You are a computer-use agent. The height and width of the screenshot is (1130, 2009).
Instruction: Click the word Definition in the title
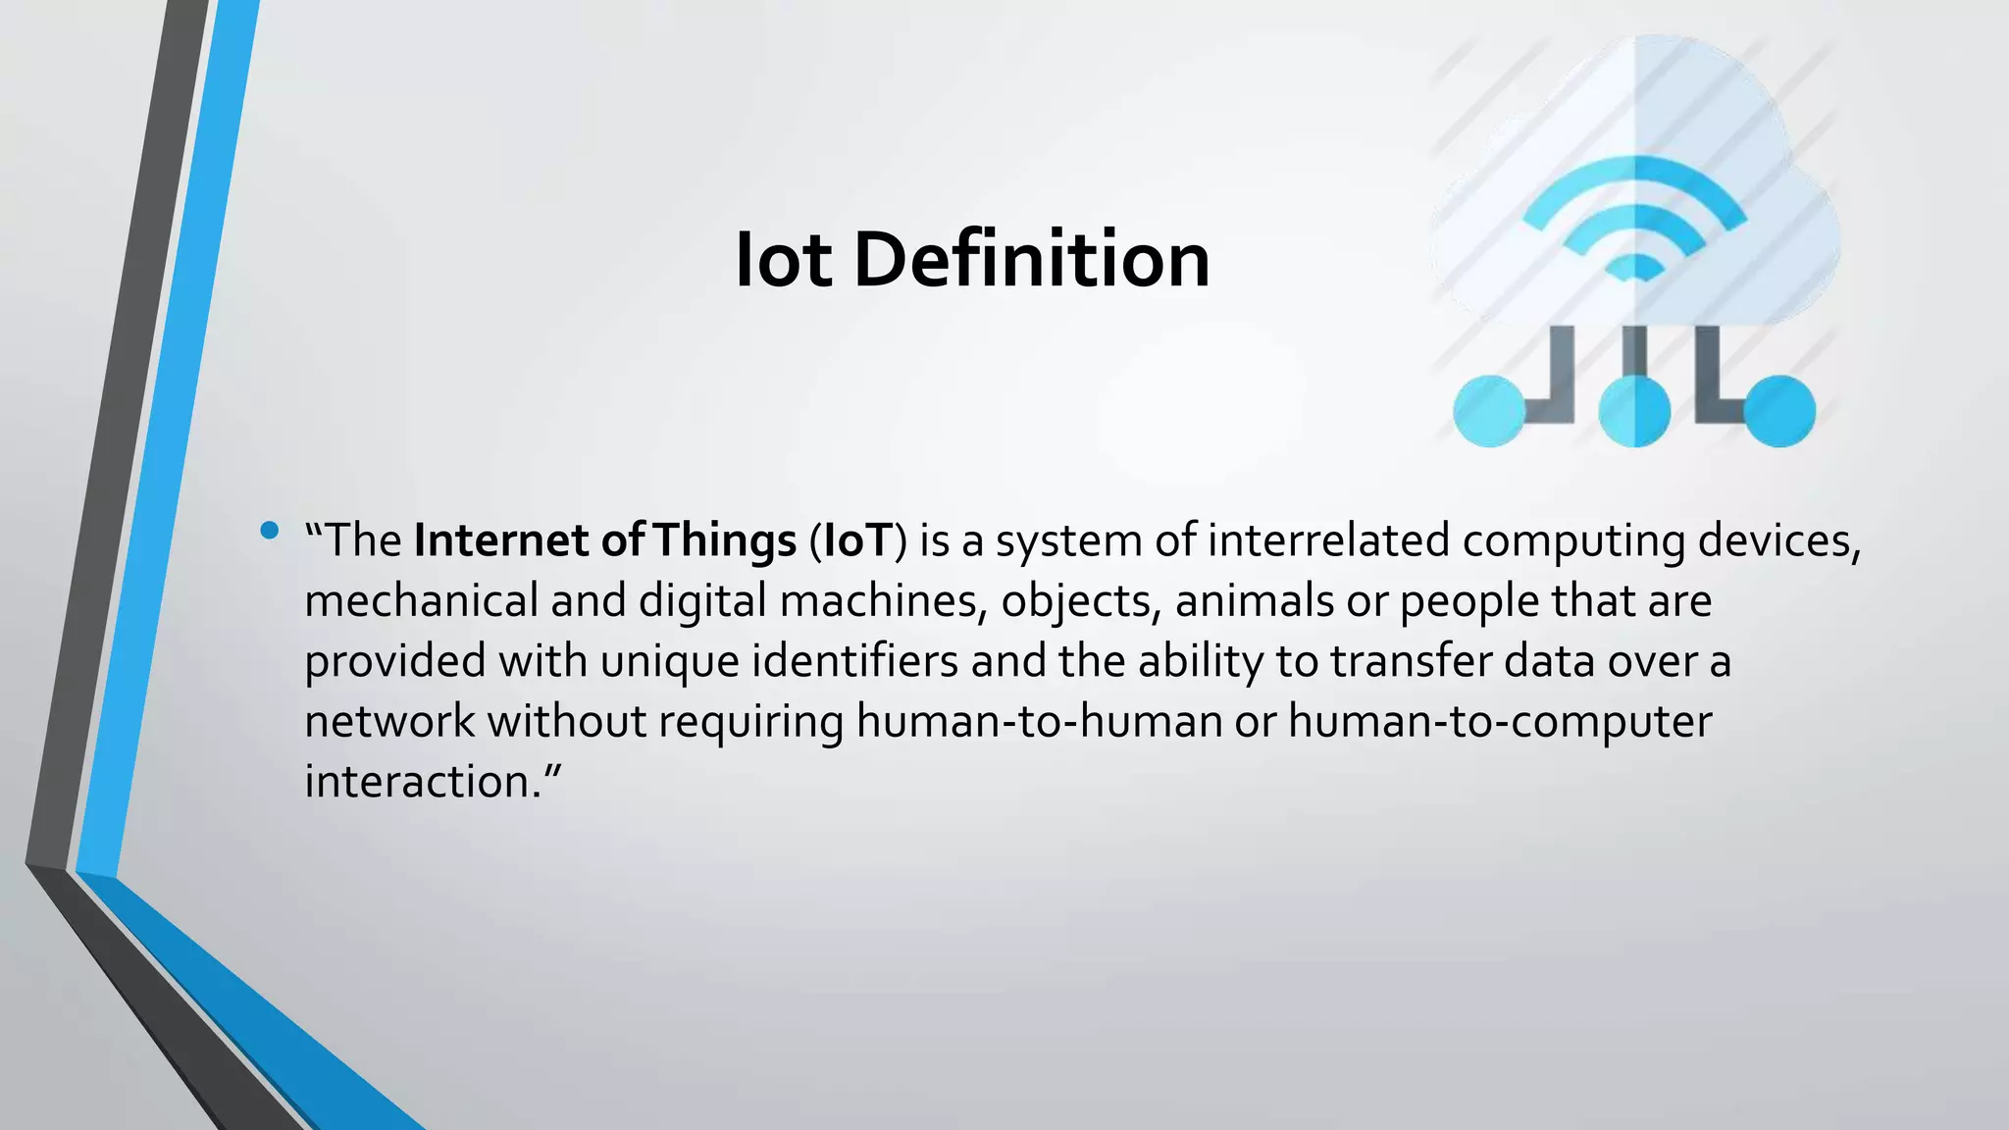1031,260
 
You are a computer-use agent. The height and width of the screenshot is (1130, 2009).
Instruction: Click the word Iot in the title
784,260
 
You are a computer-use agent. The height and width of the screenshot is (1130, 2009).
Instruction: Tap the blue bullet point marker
270,532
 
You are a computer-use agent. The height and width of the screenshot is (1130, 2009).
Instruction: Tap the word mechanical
421,600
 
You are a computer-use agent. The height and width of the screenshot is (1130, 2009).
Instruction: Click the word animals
1254,600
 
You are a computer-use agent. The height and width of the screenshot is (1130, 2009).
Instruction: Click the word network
389,721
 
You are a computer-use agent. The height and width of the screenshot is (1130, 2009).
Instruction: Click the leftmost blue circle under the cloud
1488,411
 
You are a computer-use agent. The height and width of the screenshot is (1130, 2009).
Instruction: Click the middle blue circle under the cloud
1634,411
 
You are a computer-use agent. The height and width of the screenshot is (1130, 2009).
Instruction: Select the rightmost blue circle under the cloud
1779,411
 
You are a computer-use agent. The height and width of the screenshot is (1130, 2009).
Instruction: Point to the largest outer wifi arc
1634,175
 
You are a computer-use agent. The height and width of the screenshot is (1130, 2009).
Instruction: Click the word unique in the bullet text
669,660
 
